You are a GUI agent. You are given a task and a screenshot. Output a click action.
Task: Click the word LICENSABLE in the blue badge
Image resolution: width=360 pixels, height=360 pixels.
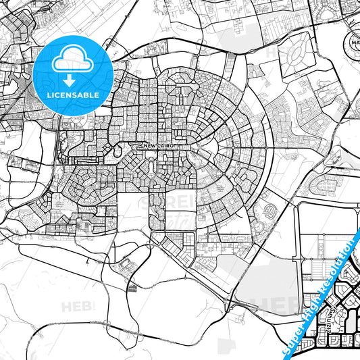point(74,95)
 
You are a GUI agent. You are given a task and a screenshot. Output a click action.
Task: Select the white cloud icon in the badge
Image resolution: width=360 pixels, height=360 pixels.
point(74,59)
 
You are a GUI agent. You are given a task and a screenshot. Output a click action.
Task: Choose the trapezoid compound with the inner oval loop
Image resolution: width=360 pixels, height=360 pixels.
point(296,54)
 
